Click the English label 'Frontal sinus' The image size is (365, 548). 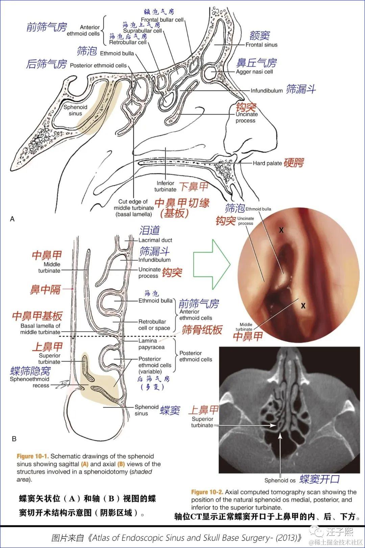pos(261,45)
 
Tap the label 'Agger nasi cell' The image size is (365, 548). pos(254,72)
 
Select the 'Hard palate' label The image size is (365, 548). pos(267,163)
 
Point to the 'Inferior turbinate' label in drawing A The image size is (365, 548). pos(165,186)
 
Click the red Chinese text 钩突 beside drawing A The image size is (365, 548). pos(246,107)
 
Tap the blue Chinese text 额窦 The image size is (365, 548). pos(260,36)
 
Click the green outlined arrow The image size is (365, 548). pos(211,264)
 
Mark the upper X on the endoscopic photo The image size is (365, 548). pos(281,230)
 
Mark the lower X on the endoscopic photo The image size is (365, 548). pos(303,306)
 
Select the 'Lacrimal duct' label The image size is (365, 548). pos(155,240)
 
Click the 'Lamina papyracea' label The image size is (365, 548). pos(151,344)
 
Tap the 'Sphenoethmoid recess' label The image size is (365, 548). pos(29,382)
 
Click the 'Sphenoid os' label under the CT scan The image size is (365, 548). pos(280,480)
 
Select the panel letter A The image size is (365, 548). pos(13,219)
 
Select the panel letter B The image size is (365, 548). pos(14,439)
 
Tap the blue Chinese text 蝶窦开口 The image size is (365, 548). pos(319,479)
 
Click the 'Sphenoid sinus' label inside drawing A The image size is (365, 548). pos(75,110)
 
